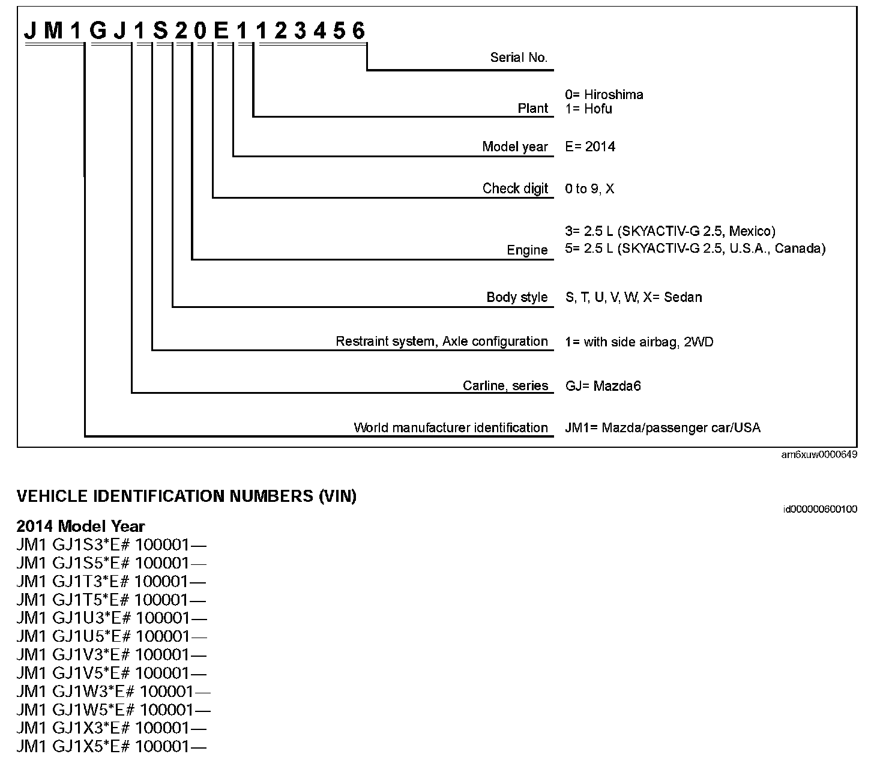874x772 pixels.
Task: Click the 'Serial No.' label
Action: pyautogui.click(x=519, y=58)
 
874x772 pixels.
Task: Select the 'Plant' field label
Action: pyautogui.click(x=533, y=109)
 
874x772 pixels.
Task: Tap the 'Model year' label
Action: pyautogui.click(x=515, y=147)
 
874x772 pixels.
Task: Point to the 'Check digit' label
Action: pyautogui.click(x=515, y=188)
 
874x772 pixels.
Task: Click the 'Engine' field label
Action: pyautogui.click(x=527, y=250)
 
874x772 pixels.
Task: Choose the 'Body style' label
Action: pyautogui.click(x=517, y=297)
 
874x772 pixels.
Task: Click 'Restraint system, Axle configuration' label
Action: pyautogui.click(x=441, y=342)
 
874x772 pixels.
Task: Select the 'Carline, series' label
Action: pyautogui.click(x=505, y=385)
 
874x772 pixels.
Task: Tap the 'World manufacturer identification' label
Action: pyautogui.click(x=450, y=427)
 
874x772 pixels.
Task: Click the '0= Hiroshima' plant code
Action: pyautogui.click(x=604, y=94)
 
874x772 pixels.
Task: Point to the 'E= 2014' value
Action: pyautogui.click(x=590, y=147)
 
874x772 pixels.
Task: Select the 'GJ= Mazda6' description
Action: pyautogui.click(x=603, y=385)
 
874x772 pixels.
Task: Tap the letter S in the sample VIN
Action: pyautogui.click(x=160, y=31)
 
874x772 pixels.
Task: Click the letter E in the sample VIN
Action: pyautogui.click(x=222, y=31)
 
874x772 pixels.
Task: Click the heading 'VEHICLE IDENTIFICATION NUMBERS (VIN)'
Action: pyautogui.click(x=186, y=496)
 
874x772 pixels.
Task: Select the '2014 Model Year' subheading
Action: pyautogui.click(x=80, y=526)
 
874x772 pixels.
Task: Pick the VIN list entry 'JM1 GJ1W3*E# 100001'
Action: pyautogui.click(x=113, y=692)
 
